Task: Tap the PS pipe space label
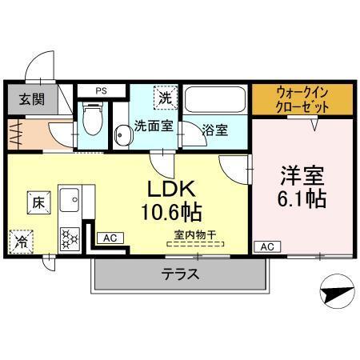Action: tap(101, 91)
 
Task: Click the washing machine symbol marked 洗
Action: tap(165, 99)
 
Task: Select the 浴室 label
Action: tap(214, 130)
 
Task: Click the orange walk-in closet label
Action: tap(302, 98)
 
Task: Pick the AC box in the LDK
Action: tap(110, 238)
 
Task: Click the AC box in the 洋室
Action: tap(266, 246)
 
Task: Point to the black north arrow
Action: tap(335, 286)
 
